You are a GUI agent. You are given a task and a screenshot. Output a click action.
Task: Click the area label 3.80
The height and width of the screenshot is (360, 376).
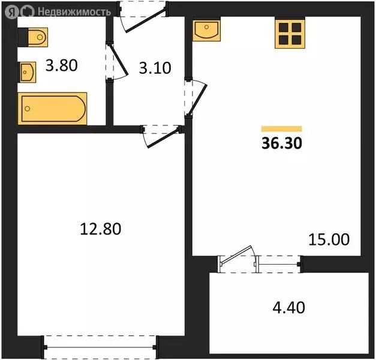coord(62,64)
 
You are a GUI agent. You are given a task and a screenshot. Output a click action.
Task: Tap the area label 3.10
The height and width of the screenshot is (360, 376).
coord(155,68)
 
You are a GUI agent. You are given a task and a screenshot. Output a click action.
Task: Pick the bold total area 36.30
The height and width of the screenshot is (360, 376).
coord(281,144)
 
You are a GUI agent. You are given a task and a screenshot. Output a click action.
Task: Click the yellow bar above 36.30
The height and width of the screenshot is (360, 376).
coord(281,128)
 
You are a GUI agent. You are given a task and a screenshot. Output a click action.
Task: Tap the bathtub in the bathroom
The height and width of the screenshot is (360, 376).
coord(53,109)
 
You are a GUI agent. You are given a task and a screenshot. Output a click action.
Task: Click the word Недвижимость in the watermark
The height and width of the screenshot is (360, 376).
coord(74,11)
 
